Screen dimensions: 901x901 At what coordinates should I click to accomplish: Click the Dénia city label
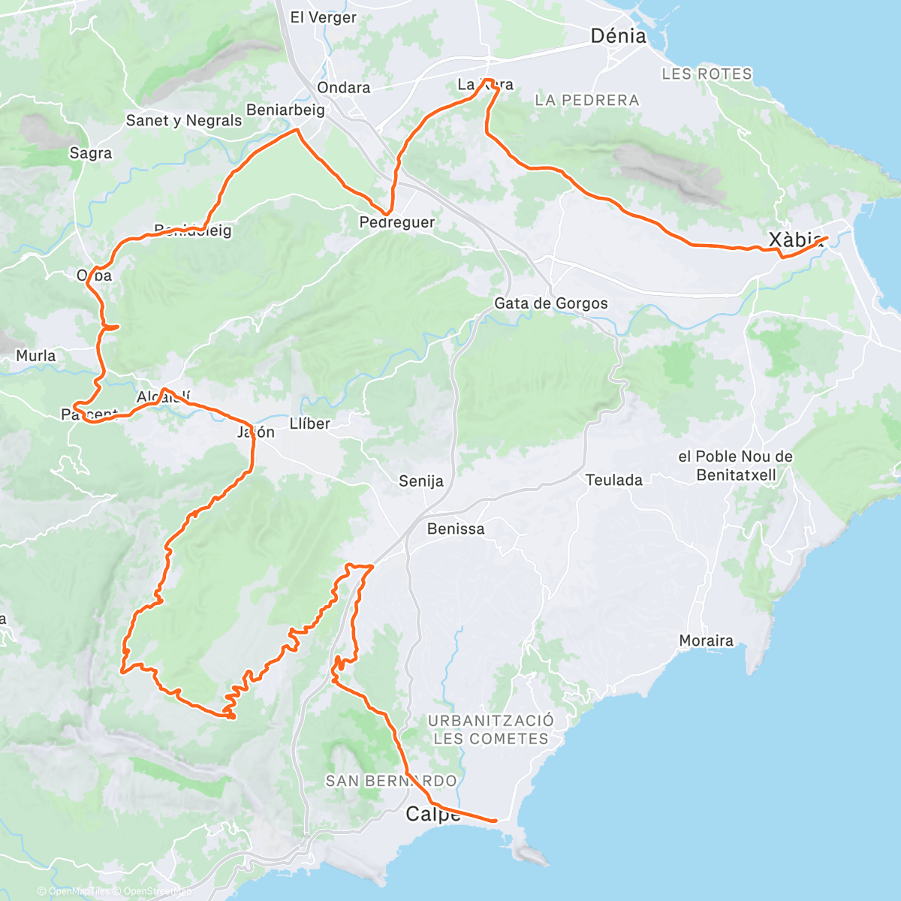coord(618,36)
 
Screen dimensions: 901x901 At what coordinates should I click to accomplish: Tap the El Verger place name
coord(323,17)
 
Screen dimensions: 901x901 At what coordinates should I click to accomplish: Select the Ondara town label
coord(343,88)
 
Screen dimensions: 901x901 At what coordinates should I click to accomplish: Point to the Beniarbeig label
coord(285,110)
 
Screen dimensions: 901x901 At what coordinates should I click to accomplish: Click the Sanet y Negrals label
coord(184,121)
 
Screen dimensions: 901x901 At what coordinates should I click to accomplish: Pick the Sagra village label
coord(90,153)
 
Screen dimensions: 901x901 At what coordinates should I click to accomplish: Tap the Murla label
coord(36,356)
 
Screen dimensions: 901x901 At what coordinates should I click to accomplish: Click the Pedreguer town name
coord(396,223)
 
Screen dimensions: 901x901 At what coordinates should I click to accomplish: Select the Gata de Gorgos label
coord(550,304)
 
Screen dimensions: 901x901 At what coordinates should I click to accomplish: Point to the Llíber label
coord(309,424)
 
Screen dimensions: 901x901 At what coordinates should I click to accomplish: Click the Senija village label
coord(420,481)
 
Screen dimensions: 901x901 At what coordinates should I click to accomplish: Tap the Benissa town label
coord(456,529)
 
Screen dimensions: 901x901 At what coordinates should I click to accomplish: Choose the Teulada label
coord(613,481)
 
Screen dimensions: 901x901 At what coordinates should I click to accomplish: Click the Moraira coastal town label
coord(706,641)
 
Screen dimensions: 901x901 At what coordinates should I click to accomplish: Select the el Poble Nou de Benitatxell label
coord(735,466)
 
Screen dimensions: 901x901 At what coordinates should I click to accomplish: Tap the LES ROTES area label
coord(707,74)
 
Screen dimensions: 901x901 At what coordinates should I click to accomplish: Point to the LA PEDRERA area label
coord(586,101)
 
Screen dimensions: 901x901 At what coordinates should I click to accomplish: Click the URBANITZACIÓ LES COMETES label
coord(491,729)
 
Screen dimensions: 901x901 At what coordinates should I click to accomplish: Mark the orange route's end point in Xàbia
coord(827,238)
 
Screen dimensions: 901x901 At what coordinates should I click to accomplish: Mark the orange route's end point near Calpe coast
coord(496,821)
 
